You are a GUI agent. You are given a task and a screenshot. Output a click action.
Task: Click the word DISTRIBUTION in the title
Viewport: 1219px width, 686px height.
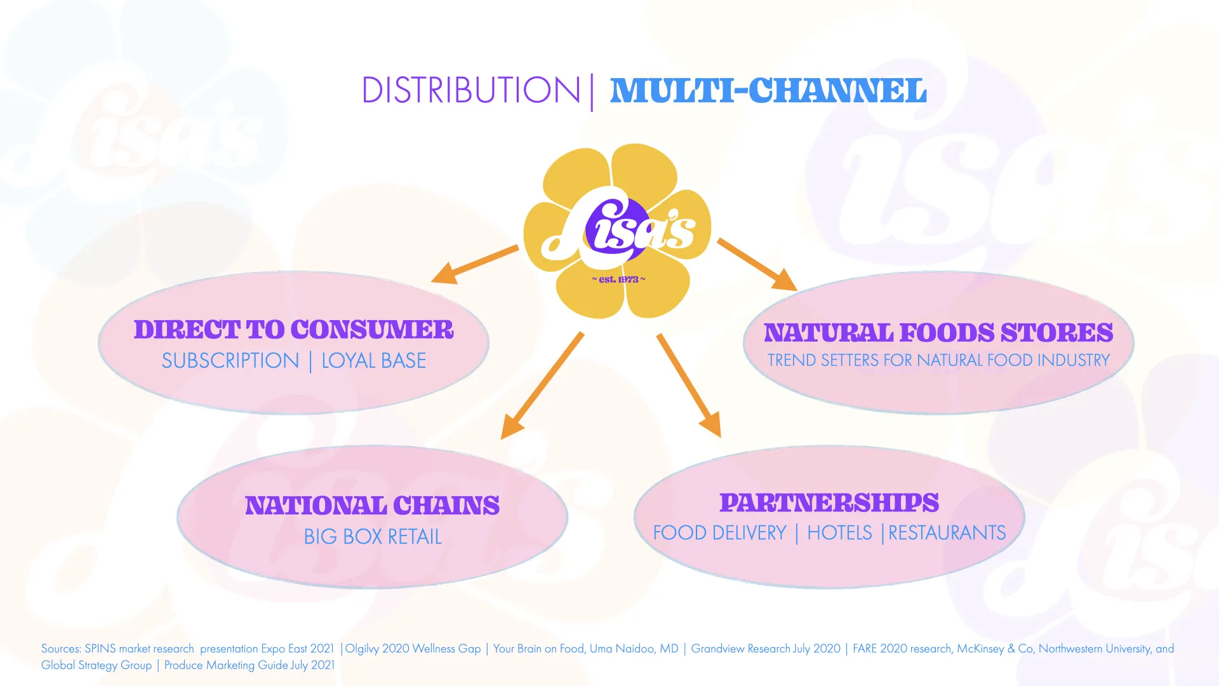click(470, 90)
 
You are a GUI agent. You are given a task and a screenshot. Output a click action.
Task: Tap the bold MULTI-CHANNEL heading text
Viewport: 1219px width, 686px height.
click(768, 90)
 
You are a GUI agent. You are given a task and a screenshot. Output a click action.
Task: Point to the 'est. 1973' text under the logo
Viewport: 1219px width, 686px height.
click(618, 279)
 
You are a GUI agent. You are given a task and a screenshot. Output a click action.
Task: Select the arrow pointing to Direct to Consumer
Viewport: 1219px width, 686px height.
click(475, 264)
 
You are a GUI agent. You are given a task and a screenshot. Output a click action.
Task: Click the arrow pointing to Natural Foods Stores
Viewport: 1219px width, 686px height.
click(757, 264)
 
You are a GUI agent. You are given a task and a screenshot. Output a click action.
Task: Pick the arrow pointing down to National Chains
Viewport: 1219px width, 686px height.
click(542, 386)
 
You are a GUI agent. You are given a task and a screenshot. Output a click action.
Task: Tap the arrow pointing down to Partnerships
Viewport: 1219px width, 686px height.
click(689, 386)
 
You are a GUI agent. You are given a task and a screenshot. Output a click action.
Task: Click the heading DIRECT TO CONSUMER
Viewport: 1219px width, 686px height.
click(293, 330)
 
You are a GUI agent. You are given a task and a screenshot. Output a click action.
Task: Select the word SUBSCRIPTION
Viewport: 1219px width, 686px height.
click(230, 361)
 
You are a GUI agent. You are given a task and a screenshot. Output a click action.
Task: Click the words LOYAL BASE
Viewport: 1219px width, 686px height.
click(373, 361)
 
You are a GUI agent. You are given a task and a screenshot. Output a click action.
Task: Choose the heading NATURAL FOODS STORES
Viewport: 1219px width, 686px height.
click(938, 333)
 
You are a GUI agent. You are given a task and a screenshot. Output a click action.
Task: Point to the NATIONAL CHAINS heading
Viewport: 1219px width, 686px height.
click(373, 506)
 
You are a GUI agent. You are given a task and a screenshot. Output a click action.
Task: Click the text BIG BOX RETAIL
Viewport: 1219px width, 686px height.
click(373, 537)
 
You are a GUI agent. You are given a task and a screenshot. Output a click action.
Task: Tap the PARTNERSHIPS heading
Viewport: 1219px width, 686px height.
click(829, 503)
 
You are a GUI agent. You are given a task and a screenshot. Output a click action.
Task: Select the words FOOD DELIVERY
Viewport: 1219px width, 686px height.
click(719, 533)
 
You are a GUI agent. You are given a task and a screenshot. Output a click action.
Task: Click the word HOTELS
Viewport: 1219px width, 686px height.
click(839, 533)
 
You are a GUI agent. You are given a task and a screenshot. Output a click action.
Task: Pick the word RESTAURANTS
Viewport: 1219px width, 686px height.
click(947, 533)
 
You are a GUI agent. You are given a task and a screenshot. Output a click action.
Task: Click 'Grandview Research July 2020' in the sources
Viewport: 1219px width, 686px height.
click(765, 649)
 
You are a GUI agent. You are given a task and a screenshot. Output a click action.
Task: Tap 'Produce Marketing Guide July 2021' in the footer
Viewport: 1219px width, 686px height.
click(250, 665)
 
